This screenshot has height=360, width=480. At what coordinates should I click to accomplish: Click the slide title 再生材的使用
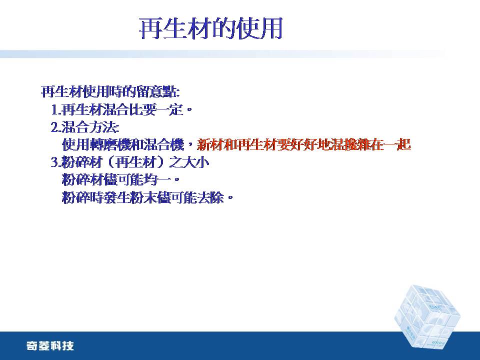click(210, 28)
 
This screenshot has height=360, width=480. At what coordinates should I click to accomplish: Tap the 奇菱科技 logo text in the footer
click(50, 346)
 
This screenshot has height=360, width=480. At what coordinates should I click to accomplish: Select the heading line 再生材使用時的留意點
click(110, 91)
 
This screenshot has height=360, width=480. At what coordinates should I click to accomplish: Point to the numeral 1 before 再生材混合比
click(54, 110)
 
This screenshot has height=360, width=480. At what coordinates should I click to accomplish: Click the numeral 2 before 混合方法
click(54, 127)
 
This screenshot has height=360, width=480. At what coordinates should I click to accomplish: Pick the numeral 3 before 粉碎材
click(54, 162)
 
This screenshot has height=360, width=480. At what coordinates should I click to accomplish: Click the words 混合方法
click(89, 127)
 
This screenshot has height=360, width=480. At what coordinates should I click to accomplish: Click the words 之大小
click(189, 162)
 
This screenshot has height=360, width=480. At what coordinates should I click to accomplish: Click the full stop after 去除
click(230, 198)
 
